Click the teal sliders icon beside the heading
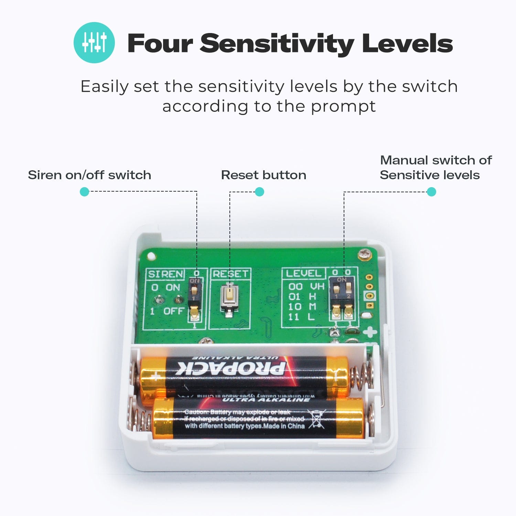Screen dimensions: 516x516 coord(94,43)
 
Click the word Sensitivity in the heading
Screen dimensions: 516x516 coord(277,44)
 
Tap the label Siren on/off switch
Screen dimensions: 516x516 coord(89,175)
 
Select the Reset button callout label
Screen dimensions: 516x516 coord(264,175)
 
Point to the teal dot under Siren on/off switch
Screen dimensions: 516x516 coord(84,192)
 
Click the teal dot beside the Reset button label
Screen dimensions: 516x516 coord(259,192)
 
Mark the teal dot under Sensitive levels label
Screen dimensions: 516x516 coord(431,192)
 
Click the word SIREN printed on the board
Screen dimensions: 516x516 coord(165,274)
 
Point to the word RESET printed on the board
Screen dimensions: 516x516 coord(230,274)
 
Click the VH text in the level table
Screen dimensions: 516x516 coord(317,287)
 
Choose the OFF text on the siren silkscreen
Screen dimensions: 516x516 coord(174,311)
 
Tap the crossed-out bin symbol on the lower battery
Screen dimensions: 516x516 coord(317,419)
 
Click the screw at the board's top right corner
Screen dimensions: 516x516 coord(363,255)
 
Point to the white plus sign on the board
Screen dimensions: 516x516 coord(370,332)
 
